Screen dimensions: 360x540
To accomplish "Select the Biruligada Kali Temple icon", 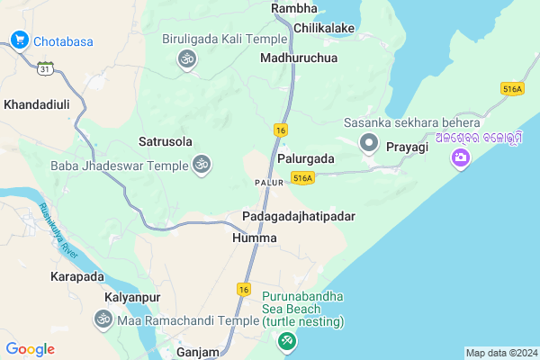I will tap(186, 58).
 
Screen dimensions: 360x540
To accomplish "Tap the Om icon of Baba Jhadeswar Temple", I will tap(202, 165).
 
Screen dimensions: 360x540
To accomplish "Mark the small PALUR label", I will tap(269, 182).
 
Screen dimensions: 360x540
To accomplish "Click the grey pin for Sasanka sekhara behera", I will tap(368, 142).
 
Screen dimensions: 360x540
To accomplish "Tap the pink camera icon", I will tap(461, 158).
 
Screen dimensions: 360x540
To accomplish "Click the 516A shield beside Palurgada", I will tap(302, 179).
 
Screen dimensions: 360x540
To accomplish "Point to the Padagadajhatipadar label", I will tap(299, 218).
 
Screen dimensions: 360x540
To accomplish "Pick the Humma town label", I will tap(254, 238).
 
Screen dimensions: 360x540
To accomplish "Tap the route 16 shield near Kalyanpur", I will tap(243, 289).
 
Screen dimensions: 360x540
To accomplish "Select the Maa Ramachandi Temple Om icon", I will tap(103, 319).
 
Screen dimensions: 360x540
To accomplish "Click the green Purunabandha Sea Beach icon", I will tap(286, 341).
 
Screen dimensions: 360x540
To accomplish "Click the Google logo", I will tap(30, 349).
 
